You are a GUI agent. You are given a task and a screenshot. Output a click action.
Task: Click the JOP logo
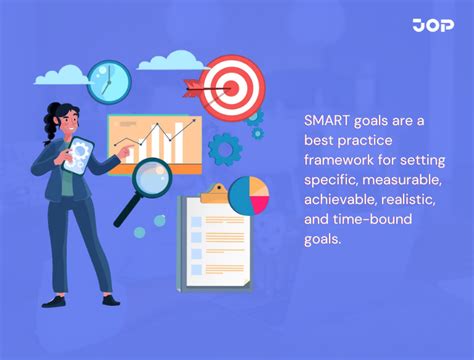coord(432,26)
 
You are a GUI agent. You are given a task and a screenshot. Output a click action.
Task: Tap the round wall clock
coord(108,81)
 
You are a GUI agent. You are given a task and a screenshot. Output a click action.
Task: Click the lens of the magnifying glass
coord(151,182)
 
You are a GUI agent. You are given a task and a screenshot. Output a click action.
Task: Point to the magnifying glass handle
coord(126,213)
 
